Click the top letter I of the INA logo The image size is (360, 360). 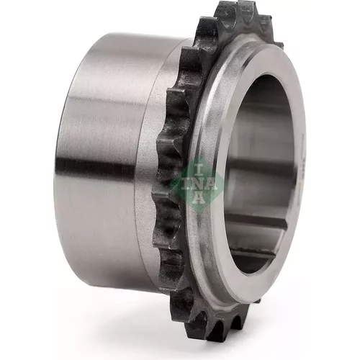click(x=199, y=170)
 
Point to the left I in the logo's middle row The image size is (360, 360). click(x=184, y=184)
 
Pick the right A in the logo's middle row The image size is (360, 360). click(x=211, y=184)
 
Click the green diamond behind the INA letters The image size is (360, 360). click(x=199, y=184)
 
